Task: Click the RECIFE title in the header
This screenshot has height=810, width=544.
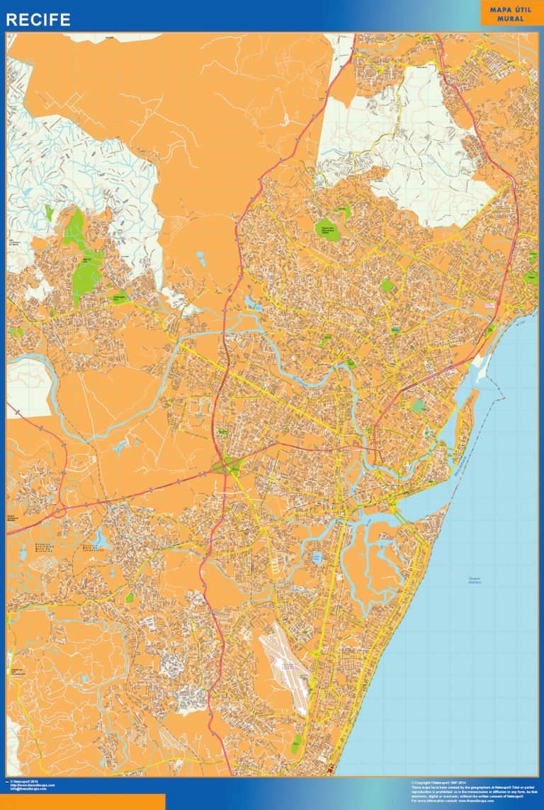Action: pyautogui.click(x=38, y=20)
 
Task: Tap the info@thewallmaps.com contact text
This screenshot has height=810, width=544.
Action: pyautogui.click(x=28, y=789)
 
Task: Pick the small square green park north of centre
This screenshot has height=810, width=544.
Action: pyautogui.click(x=387, y=285)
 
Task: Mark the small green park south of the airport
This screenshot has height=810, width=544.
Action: pyautogui.click(x=295, y=726)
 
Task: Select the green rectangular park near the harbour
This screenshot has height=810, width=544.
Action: pyautogui.click(x=419, y=406)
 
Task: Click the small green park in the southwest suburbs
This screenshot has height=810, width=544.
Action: pyautogui.click(x=130, y=598)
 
